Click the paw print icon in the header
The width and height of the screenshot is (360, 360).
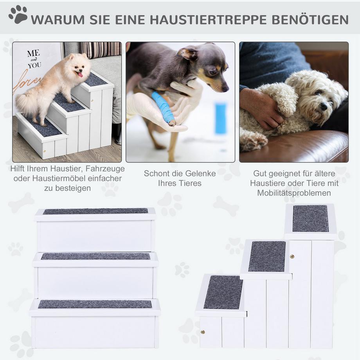[18, 15]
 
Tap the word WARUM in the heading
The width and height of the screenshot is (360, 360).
[57, 19]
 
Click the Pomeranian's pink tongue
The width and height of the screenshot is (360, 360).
[81, 74]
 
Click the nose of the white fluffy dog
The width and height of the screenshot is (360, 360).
[324, 106]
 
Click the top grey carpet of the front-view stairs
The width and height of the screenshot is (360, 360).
[95, 211]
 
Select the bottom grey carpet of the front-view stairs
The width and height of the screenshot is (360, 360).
[95, 304]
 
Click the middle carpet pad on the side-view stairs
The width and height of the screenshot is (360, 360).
[267, 256]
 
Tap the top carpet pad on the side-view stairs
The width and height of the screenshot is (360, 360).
[311, 218]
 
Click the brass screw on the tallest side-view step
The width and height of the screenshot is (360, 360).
[292, 257]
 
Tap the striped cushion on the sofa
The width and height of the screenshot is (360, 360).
[101, 49]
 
